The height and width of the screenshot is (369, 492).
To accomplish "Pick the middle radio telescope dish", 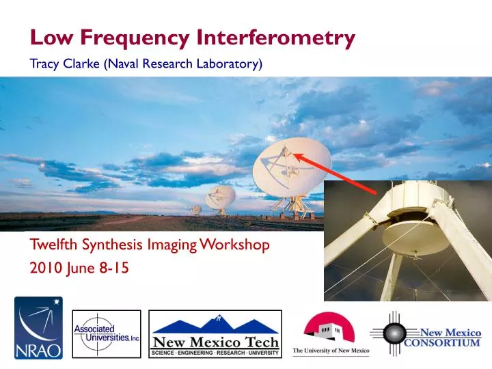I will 221,198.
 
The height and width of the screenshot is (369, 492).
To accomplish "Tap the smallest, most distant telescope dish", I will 195,209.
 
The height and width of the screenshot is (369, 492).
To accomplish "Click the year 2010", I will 44,269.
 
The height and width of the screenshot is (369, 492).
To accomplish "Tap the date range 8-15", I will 113,269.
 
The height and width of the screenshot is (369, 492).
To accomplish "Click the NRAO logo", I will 38,328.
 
